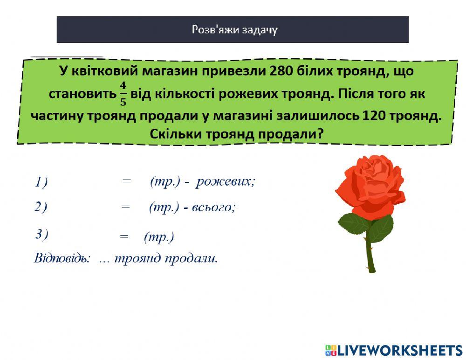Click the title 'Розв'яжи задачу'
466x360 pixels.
234,30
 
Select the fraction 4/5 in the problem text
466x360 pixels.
123,93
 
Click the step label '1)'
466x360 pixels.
41,182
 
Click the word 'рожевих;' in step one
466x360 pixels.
226,181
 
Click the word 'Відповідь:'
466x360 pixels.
62,258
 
